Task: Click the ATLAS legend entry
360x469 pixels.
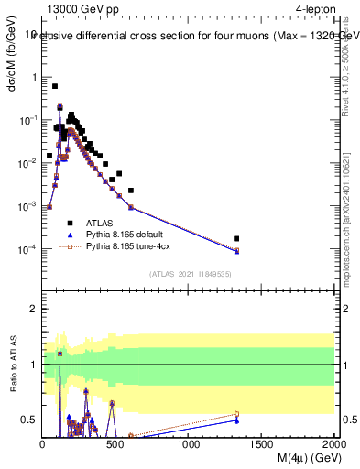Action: pyautogui.click(x=99, y=223)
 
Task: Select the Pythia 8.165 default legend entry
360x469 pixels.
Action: pyautogui.click(x=127, y=234)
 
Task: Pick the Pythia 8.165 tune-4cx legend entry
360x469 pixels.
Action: pyautogui.click(x=129, y=246)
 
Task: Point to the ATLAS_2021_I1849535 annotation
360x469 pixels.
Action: pyautogui.click(x=189, y=273)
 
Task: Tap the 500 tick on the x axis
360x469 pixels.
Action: pyautogui.click(x=115, y=444)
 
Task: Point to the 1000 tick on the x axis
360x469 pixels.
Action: pyautogui.click(x=189, y=444)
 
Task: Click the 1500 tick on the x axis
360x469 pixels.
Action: pyautogui.click(x=262, y=444)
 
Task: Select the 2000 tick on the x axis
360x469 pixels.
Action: pyautogui.click(x=333, y=444)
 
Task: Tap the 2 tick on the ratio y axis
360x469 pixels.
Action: pyautogui.click(x=34, y=309)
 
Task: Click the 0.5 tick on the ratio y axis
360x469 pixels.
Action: pyautogui.click(x=30, y=420)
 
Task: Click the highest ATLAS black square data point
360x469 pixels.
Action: pyautogui.click(x=55, y=86)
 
